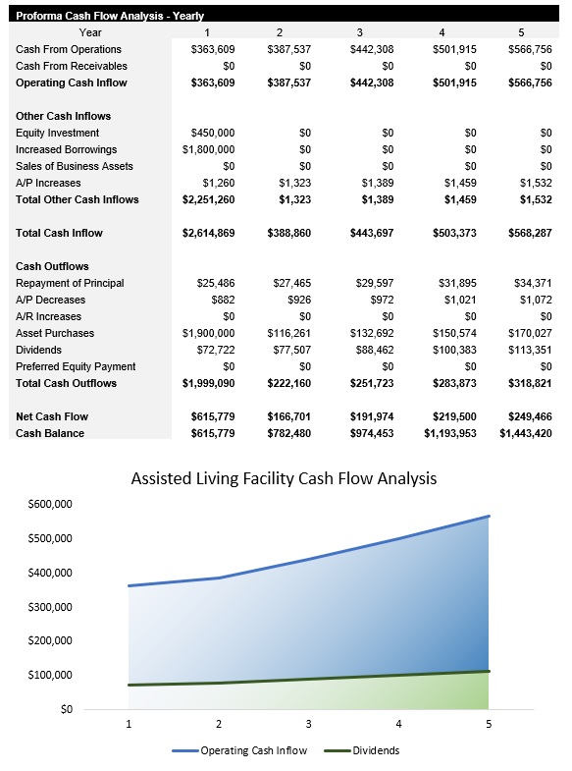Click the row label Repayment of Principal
point(70,283)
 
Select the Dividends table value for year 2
point(291,350)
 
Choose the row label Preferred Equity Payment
point(76,366)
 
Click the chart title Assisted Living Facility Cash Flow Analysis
point(285,479)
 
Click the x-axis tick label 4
point(398,725)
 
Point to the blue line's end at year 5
point(489,516)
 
